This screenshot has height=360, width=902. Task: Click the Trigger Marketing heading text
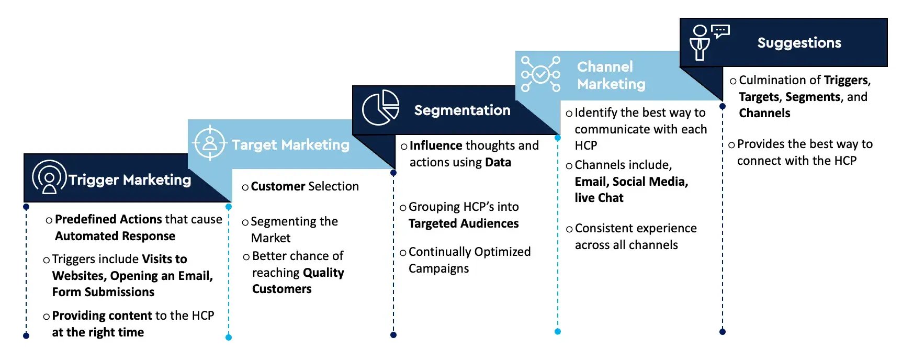[130, 180]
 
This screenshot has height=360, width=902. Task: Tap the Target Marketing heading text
[290, 145]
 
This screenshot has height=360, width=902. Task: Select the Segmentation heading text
[462, 110]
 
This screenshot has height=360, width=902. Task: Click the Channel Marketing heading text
[611, 75]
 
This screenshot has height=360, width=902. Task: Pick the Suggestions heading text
[799, 43]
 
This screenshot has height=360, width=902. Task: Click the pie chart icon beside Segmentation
[380, 108]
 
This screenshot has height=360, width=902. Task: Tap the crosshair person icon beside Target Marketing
[210, 143]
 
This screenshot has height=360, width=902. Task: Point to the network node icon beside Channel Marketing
[540, 74]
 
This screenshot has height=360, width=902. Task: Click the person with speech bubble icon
[709, 42]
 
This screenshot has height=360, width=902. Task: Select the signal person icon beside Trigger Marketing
[49, 177]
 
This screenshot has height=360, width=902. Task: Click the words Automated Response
[115, 236]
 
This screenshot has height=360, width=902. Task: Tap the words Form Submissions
[103, 292]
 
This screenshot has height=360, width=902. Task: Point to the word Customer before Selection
[278, 186]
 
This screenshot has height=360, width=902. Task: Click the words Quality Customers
[298, 281]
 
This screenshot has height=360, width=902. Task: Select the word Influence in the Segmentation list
[436, 145]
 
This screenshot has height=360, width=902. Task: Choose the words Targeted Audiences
[464, 224]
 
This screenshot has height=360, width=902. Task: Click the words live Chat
[599, 198]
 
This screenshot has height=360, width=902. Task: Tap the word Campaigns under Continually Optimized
[438, 269]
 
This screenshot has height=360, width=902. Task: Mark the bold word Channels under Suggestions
[764, 113]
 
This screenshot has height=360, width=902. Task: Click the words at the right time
[98, 332]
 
